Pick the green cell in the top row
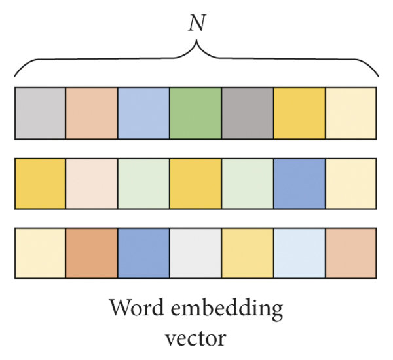tap(195, 113)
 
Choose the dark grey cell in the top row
tap(247, 113)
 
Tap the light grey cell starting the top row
tap(39, 113)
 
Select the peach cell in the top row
tap(91, 113)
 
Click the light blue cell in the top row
tap(143, 113)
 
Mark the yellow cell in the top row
tap(299, 113)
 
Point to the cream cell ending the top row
tap(350, 113)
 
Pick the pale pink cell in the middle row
tap(91, 184)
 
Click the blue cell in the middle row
tap(299, 184)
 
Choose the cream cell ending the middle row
tap(350, 184)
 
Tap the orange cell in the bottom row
tap(91, 253)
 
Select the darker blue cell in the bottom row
tap(143, 253)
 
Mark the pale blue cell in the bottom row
tap(299, 253)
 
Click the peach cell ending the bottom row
tap(350, 253)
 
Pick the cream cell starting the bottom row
tap(39, 253)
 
